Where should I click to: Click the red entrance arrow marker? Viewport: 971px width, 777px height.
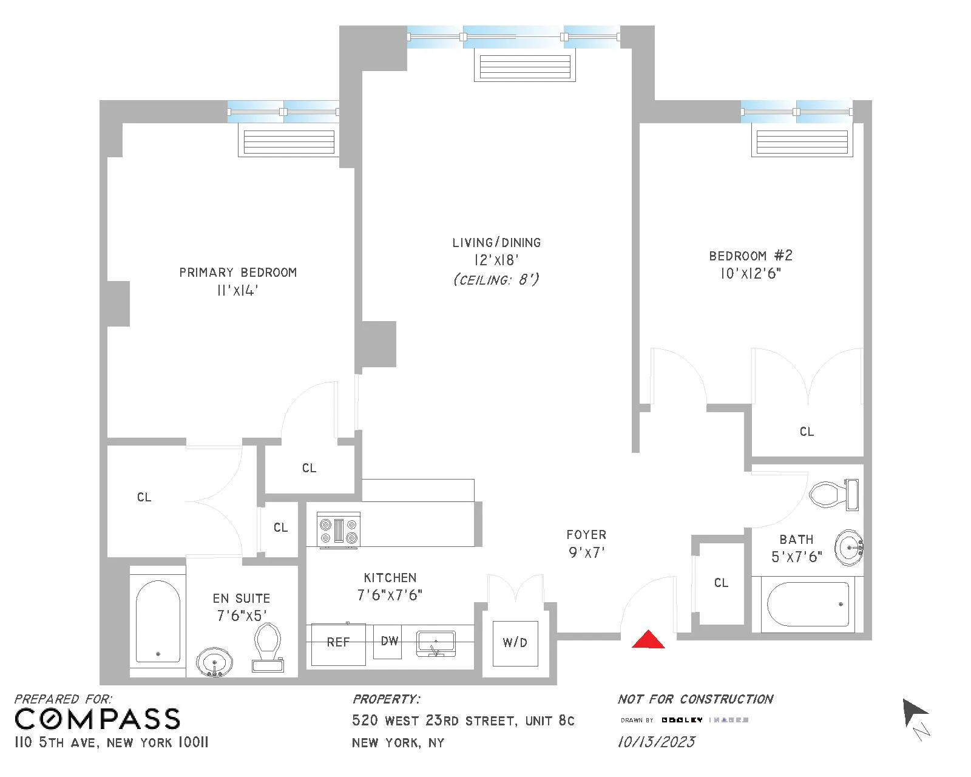coord(648,640)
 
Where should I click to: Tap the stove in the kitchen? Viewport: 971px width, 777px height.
coord(339,530)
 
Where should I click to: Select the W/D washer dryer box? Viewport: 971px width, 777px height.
coord(515,643)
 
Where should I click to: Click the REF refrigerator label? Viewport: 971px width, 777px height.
coord(338,642)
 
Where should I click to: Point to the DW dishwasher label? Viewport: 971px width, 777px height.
coord(389,641)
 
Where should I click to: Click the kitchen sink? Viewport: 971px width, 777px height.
coord(436,644)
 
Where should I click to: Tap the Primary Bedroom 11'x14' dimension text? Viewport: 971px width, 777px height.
coord(237,291)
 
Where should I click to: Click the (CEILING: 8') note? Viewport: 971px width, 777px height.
coord(496,280)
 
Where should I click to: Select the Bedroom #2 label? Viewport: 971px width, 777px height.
coord(751,256)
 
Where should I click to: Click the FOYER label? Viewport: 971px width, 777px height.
coord(586,535)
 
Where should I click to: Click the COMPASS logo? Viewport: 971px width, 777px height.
coord(97,719)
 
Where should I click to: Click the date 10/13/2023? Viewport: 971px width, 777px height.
coord(656,742)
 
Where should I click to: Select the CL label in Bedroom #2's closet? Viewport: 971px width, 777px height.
coord(806,432)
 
